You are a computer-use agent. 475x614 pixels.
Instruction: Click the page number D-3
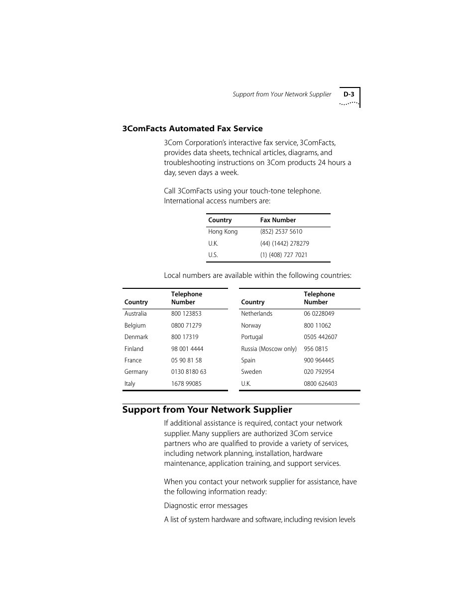348,94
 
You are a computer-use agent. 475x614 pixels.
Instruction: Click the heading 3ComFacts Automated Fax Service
192,128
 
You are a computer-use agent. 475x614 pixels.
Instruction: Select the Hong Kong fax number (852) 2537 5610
281,232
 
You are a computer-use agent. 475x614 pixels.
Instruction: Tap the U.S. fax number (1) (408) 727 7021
283,255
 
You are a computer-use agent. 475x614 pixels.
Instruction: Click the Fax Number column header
278,220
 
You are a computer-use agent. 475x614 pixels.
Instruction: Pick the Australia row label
135,314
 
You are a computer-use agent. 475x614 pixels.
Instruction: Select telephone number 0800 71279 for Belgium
186,326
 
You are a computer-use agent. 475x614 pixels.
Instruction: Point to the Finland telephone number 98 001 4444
187,349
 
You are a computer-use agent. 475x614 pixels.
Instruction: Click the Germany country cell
136,372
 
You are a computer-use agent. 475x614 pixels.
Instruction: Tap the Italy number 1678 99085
186,384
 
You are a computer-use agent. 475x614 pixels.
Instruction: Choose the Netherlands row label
256,314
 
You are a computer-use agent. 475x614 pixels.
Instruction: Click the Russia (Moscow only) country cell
269,349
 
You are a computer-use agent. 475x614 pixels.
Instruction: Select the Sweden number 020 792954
319,372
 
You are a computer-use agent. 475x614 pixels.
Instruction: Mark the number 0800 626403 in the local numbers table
320,384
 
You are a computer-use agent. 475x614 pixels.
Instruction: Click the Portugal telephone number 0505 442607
320,337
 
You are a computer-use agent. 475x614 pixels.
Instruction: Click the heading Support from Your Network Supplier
207,410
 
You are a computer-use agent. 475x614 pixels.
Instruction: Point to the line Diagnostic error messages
206,506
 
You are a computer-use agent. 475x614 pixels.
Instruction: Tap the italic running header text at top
282,94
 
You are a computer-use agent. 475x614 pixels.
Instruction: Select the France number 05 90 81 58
186,360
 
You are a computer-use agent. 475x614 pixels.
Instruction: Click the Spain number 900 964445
319,360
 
